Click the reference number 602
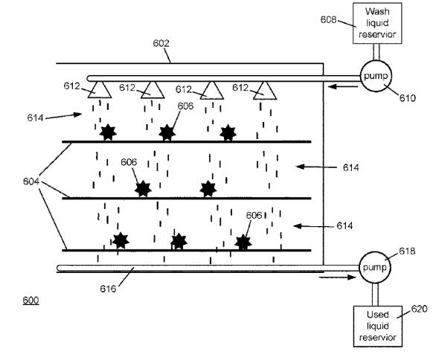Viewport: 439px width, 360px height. click(x=161, y=43)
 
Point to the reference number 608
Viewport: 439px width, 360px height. click(x=328, y=19)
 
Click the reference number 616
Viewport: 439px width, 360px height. click(x=108, y=289)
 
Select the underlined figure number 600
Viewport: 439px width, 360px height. click(x=31, y=300)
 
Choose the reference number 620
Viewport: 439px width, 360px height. click(x=419, y=309)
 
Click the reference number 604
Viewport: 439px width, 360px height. click(x=31, y=181)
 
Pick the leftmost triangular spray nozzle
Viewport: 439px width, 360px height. click(x=100, y=89)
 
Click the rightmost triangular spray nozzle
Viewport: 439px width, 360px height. click(x=265, y=91)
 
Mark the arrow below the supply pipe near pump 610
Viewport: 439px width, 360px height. click(x=343, y=87)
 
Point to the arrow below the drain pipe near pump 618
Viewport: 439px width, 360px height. click(x=337, y=277)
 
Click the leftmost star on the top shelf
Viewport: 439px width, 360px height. click(x=108, y=132)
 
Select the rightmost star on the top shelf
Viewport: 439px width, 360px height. click(x=228, y=132)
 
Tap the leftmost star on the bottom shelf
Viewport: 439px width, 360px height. click(x=121, y=240)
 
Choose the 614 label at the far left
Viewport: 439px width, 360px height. click(x=35, y=118)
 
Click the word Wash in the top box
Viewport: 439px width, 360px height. click(x=377, y=11)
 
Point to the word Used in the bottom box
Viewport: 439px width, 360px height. click(x=378, y=315)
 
